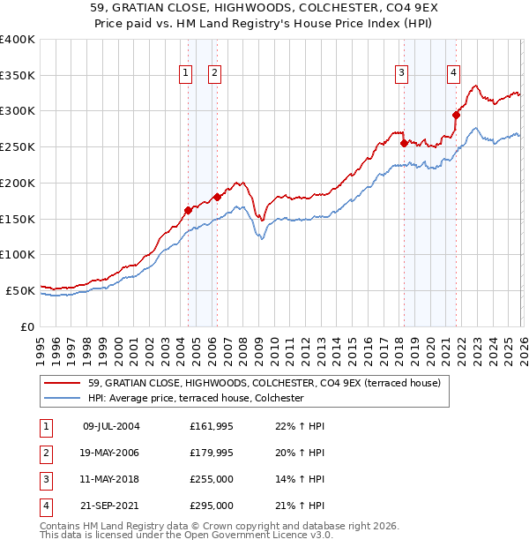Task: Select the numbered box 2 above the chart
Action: pos(214,73)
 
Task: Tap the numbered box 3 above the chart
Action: pos(401,73)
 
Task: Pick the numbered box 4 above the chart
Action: pos(452,73)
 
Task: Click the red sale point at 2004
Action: pos(188,210)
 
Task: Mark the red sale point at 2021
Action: pos(457,114)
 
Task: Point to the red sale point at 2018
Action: pos(404,143)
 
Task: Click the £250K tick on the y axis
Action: pos(18,146)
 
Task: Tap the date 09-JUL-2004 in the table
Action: pos(111,426)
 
